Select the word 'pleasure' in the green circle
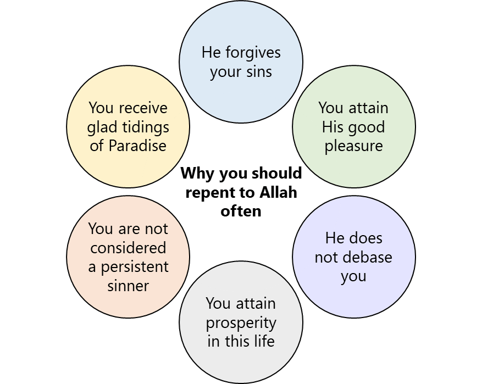coord(353,146)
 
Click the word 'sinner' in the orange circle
coord(128,286)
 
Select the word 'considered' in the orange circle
coord(128,248)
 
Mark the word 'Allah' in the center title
coord(278,193)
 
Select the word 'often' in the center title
coord(241,212)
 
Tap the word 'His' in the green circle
coord(333,127)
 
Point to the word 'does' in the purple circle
coord(368,238)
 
